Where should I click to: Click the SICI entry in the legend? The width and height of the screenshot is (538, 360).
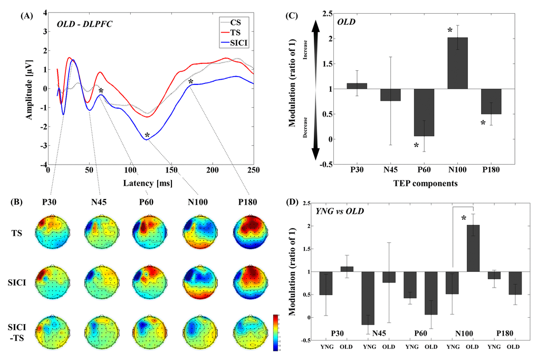tap(239, 40)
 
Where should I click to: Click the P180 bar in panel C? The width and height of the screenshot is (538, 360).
tap(491, 101)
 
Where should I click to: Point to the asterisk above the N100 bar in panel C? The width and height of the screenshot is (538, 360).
tap(450, 31)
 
